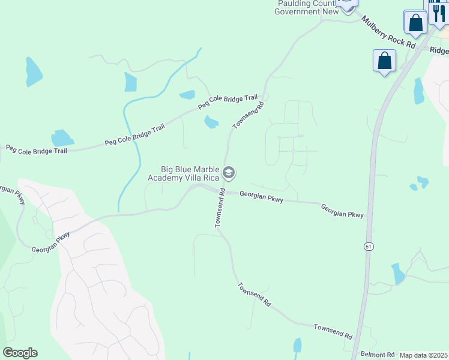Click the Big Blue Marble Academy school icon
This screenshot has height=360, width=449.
click(228, 173)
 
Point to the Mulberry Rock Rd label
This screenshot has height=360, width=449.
click(388, 33)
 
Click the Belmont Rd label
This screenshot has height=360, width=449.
click(378, 355)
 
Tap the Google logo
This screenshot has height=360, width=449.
click(20, 353)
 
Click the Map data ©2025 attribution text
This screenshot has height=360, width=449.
click(423, 355)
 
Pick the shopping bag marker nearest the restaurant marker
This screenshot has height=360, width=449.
click(415, 23)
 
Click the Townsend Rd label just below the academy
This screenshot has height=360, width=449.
click(219, 208)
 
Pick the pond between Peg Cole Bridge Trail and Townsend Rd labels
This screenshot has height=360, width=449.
click(211, 122)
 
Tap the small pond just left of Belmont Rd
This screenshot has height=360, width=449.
click(297, 346)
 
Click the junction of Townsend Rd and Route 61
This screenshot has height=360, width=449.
click(359, 337)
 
